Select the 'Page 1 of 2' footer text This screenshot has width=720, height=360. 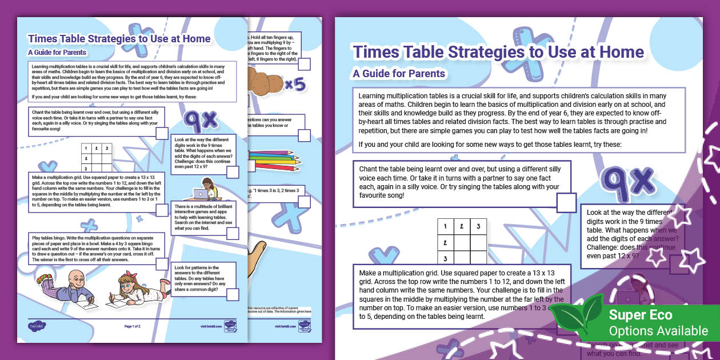(133, 326)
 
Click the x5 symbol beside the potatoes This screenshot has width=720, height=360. (295, 85)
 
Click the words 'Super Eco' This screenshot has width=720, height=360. (640, 315)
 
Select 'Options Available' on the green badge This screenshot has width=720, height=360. (658, 331)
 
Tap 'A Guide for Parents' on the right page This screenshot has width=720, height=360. (399, 73)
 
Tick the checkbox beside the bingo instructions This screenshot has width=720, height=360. (159, 258)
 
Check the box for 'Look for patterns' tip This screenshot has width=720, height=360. (232, 294)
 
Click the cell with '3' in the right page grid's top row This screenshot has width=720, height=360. (478, 227)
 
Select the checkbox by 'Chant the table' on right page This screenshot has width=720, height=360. (566, 202)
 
